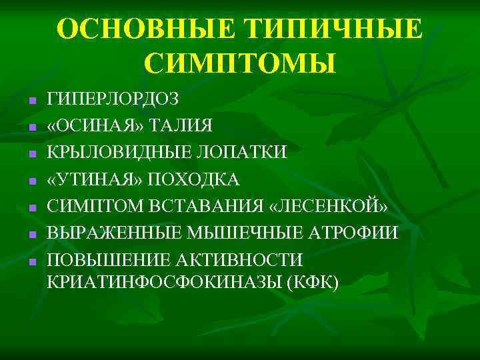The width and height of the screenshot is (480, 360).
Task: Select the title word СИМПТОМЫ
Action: point(240,64)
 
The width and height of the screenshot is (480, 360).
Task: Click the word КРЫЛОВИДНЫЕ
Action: point(114,153)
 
